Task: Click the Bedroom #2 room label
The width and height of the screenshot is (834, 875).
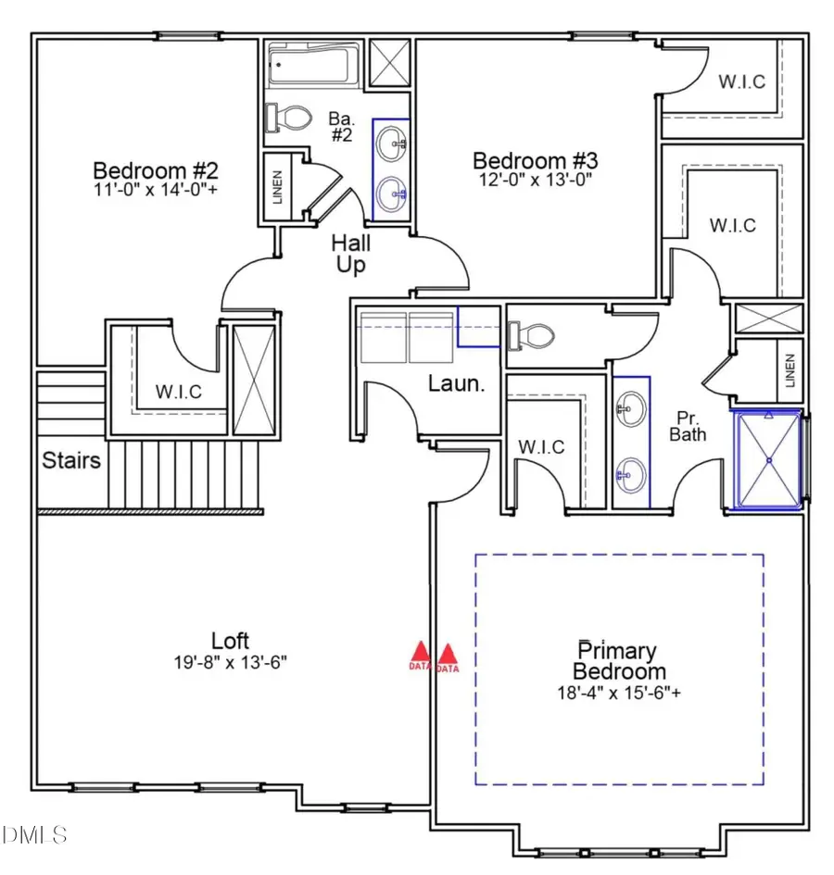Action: (x=156, y=171)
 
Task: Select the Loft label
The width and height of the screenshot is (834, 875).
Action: (x=230, y=641)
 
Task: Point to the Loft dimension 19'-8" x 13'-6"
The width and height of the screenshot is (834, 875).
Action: (x=230, y=662)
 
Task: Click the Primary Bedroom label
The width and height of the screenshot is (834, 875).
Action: (x=619, y=661)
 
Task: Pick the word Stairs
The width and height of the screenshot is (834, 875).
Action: (x=71, y=459)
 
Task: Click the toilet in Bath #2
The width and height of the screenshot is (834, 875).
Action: (x=289, y=118)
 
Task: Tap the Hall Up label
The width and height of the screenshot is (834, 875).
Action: (x=351, y=254)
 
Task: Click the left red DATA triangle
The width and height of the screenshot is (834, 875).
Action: (x=420, y=656)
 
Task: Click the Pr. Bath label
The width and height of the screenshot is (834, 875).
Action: (x=689, y=425)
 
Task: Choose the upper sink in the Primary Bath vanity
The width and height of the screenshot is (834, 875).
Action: (x=630, y=405)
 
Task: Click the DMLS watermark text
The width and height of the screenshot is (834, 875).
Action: (x=35, y=836)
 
